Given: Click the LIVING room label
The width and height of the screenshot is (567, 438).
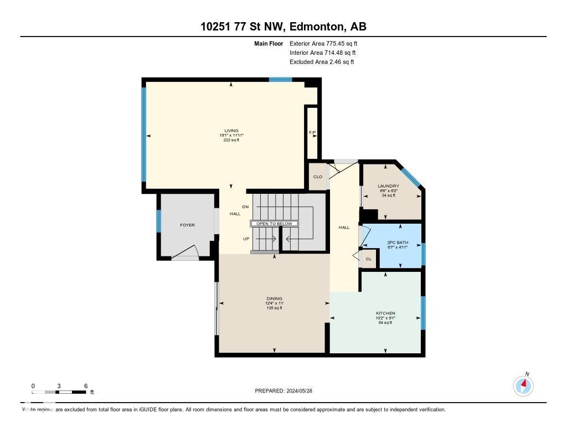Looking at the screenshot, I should [231, 131].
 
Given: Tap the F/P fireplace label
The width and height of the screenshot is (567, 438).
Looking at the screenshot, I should [312, 133].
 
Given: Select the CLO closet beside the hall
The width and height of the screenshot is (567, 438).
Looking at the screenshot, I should [318, 177].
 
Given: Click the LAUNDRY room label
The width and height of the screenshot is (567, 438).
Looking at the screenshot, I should [388, 186].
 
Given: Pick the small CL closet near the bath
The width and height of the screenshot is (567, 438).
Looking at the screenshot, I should [368, 259].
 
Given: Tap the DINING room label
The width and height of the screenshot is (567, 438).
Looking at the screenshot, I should [274, 298].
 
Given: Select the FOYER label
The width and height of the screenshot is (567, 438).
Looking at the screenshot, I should [187, 225].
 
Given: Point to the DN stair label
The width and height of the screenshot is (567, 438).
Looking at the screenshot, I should [246, 207].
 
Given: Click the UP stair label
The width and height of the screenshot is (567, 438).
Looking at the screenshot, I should [246, 239].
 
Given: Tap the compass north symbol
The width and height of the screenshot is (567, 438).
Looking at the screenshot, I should [523, 384].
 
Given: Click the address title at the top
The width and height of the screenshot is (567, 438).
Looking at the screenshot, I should [283, 27].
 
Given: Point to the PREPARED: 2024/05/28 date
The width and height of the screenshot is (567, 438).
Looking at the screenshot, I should [287, 390].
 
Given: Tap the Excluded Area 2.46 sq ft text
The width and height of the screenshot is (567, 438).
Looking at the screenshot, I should [322, 62].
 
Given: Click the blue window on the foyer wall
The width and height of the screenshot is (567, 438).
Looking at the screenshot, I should [158, 221].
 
